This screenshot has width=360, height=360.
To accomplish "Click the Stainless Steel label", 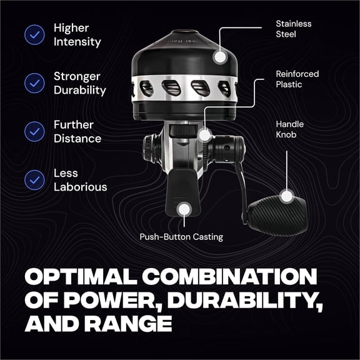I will coord(293,29).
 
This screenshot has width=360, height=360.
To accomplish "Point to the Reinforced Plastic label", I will coord(297,79).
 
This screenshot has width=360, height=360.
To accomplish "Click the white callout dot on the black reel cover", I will coord(219,56).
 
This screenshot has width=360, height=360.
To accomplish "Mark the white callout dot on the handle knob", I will coord(287,197).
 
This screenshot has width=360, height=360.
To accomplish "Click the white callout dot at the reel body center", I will coord(204,133).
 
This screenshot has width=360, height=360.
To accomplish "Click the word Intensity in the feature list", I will coord(77,42).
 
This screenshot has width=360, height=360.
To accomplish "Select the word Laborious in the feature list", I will coord(80,187).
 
